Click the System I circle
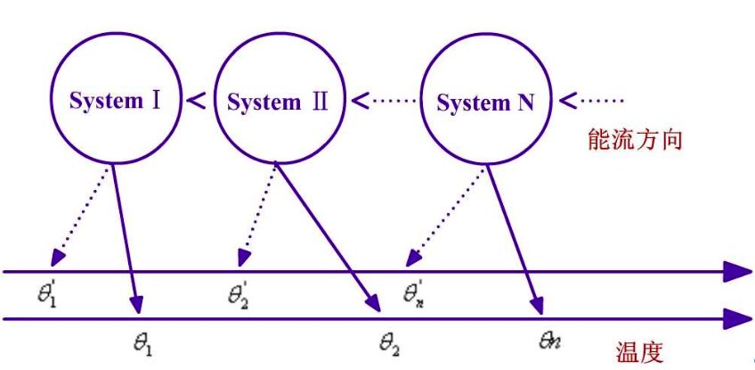(x=116, y=99)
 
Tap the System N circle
(x=485, y=103)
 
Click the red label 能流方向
(x=635, y=139)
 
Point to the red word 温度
(x=639, y=352)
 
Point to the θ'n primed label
(x=412, y=292)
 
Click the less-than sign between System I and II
(x=198, y=100)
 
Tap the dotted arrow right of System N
(x=596, y=100)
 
